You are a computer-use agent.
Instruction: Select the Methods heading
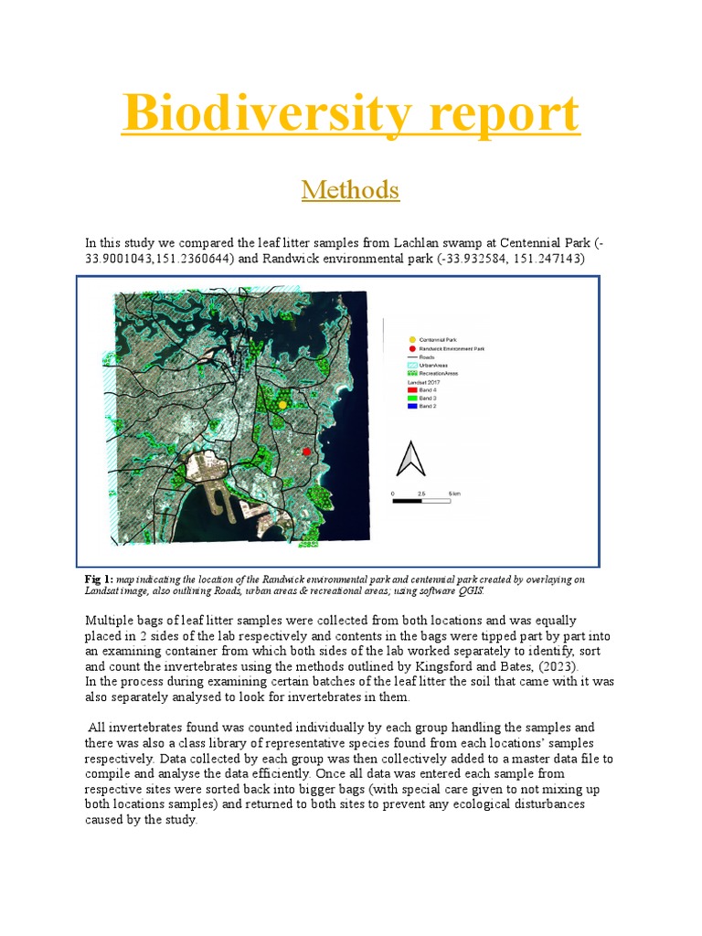pyautogui.click(x=350, y=190)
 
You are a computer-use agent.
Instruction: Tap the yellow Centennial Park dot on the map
pyautogui.click(x=282, y=403)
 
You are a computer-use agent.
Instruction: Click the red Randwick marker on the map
pyautogui.click(x=306, y=452)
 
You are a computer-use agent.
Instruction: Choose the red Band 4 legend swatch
pyautogui.click(x=413, y=389)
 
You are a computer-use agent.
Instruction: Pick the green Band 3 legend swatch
pyautogui.click(x=413, y=398)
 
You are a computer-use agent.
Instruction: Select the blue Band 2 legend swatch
pyautogui.click(x=413, y=407)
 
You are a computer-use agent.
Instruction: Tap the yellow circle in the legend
pyautogui.click(x=413, y=340)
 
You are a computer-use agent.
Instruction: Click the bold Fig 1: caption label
pyautogui.click(x=99, y=580)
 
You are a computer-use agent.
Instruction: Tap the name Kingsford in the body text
pyautogui.click(x=460, y=666)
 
